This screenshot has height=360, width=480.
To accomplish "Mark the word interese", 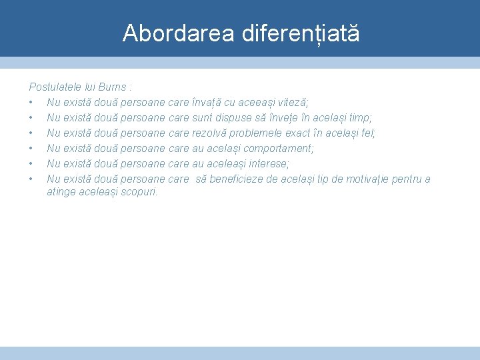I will click(x=267, y=164).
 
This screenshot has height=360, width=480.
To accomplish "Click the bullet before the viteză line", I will click(x=31, y=103).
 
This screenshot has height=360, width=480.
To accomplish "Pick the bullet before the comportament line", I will click(x=31, y=149).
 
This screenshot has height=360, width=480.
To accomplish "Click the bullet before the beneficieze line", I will click(x=31, y=179).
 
